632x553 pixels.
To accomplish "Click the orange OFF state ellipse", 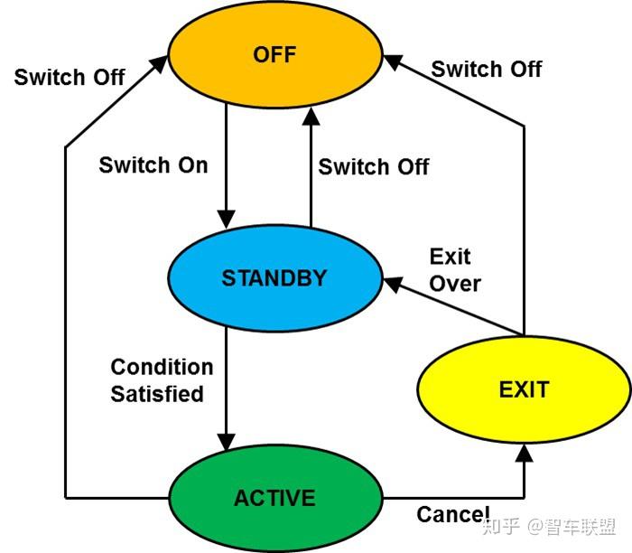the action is click(274, 54).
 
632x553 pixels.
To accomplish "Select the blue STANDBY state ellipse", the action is click(274, 278).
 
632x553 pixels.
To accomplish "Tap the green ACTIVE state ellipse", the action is click(275, 498).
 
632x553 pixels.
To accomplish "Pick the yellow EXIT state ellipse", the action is click(524, 389).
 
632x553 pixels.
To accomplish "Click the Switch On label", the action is click(153, 165).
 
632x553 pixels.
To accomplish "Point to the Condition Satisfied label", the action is click(162, 380).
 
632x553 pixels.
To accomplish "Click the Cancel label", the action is click(453, 514).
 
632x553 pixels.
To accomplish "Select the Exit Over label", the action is click(455, 270).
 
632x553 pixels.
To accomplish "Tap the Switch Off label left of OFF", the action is click(70, 77).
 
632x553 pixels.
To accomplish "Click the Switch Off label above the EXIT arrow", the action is click(487, 69).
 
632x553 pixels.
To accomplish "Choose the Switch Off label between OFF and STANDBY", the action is click(374, 166).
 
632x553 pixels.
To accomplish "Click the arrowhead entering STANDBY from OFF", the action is click(226, 219).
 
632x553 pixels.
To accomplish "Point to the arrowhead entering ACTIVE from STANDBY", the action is click(226, 442).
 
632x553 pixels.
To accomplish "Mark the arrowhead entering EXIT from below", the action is click(524, 453).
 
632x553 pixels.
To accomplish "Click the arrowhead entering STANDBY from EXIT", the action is click(393, 284).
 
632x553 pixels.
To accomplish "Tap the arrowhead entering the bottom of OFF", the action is click(311, 117).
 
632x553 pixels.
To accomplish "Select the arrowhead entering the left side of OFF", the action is click(159, 64).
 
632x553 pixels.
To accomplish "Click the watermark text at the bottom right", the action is click(549, 527).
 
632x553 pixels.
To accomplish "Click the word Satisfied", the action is click(157, 394).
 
